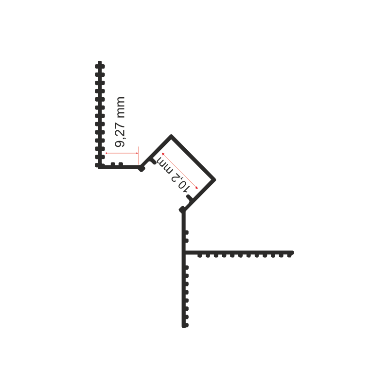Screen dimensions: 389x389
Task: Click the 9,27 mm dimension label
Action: click(x=120, y=122)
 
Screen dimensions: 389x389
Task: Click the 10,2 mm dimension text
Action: click(x=174, y=174)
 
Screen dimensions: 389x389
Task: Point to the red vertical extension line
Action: click(x=139, y=156)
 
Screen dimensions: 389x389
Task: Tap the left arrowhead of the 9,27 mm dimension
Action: click(x=106, y=153)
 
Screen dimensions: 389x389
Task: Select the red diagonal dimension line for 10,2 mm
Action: click(x=180, y=171)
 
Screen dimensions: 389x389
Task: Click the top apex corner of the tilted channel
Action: click(x=171, y=135)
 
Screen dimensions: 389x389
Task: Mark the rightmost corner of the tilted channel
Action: click(x=215, y=179)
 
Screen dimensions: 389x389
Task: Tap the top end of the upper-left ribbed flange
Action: click(x=100, y=61)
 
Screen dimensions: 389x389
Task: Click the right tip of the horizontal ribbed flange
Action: click(x=293, y=253)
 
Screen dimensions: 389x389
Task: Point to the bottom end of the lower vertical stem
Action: click(x=184, y=327)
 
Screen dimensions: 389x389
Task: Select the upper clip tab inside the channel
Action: click(x=152, y=161)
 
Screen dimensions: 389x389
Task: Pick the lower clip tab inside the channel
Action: click(x=190, y=198)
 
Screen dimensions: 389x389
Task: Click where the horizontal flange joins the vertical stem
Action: click(x=184, y=253)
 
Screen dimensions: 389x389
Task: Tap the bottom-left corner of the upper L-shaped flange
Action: click(x=99, y=167)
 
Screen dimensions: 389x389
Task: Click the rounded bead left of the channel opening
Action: click(x=141, y=169)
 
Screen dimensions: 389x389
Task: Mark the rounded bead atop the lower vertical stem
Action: click(x=182, y=210)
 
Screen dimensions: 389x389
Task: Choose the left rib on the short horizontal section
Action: click(x=113, y=164)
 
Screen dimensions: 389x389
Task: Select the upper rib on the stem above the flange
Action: click(x=187, y=232)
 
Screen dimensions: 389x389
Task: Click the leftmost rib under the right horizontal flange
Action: click(x=199, y=256)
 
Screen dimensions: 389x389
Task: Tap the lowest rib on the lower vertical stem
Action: click(x=187, y=325)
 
